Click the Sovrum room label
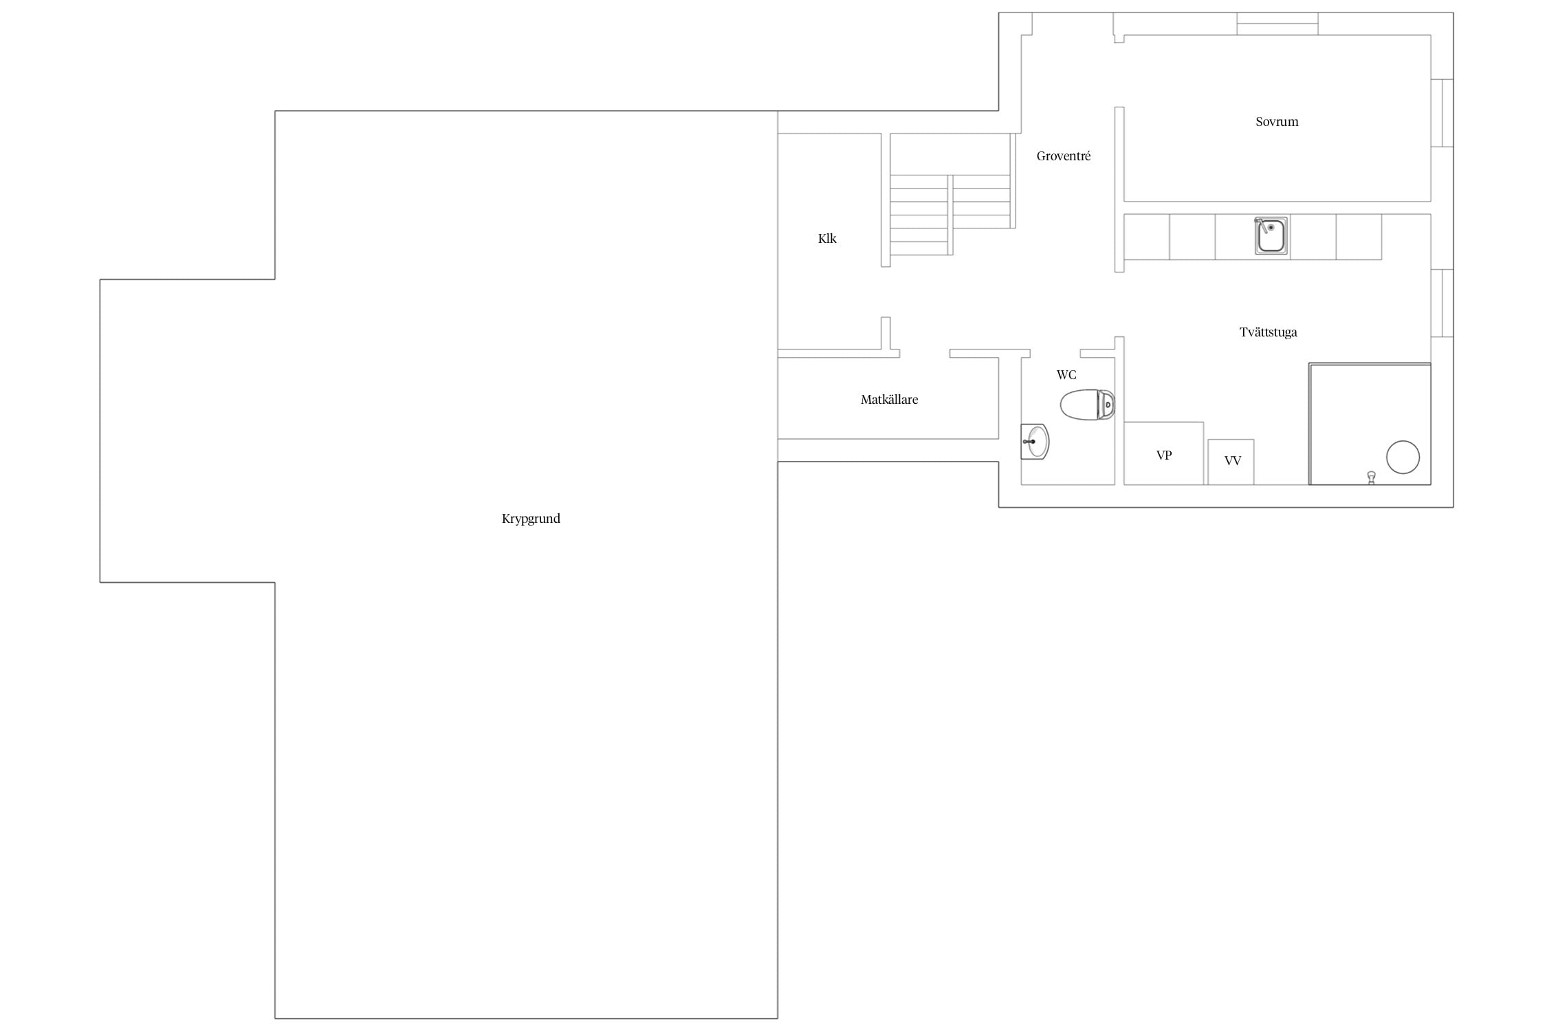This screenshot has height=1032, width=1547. point(1277,122)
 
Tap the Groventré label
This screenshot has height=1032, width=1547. point(1064,156)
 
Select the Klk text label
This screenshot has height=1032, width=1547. point(827,239)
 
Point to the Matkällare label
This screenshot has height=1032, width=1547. point(889,400)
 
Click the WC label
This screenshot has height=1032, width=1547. point(1066,375)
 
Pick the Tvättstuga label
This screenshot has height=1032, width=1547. point(1269,332)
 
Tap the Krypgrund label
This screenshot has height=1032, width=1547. point(531,519)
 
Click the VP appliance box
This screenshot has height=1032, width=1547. point(1164,453)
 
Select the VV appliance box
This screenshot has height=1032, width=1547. point(1231,462)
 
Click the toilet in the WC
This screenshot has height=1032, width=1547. point(1087,405)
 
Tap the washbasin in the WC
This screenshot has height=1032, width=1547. point(1035,442)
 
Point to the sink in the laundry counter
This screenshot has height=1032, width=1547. point(1271,236)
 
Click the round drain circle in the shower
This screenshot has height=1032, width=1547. point(1403,458)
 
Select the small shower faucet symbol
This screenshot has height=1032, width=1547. point(1371,477)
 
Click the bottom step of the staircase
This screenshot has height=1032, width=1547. point(919,248)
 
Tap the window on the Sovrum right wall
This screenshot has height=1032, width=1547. point(1442,113)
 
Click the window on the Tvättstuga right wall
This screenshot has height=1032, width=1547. point(1442,303)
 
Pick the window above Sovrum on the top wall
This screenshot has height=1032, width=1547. point(1277,23)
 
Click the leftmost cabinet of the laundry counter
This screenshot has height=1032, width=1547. point(1147,237)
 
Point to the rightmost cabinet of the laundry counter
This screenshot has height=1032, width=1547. point(1359,237)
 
